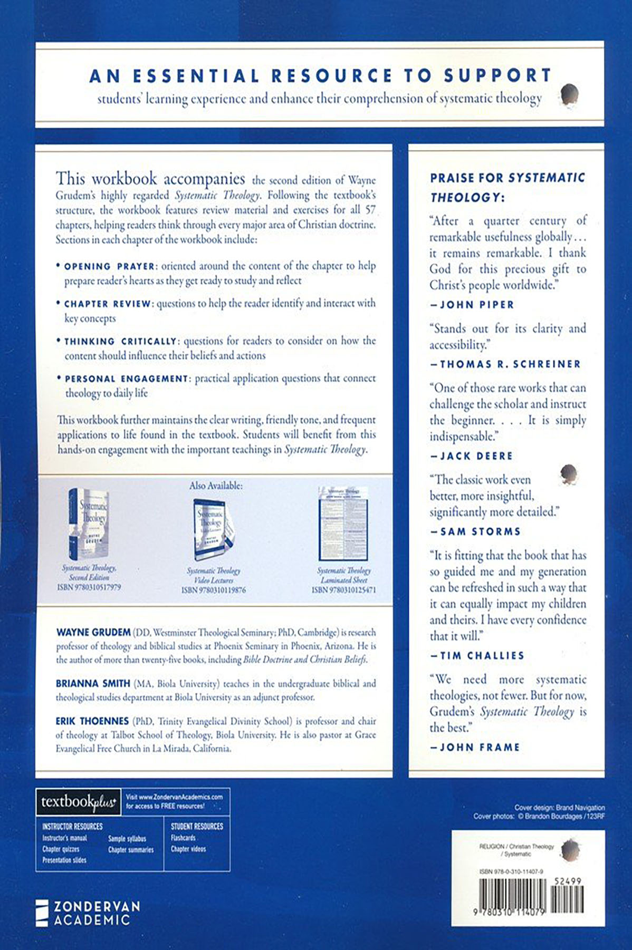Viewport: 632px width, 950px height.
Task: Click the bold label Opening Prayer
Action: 110,267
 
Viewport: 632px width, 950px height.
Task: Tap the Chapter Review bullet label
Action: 108,304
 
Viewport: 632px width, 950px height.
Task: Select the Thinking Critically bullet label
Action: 120,342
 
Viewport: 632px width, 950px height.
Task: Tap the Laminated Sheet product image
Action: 343,524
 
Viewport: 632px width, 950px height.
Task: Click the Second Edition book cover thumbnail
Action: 88,524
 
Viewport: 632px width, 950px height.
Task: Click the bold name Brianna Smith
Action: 93,684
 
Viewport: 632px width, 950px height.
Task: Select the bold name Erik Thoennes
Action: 92,721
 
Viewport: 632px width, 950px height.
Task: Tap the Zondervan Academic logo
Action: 88,913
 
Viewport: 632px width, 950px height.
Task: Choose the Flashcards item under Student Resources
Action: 183,838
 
